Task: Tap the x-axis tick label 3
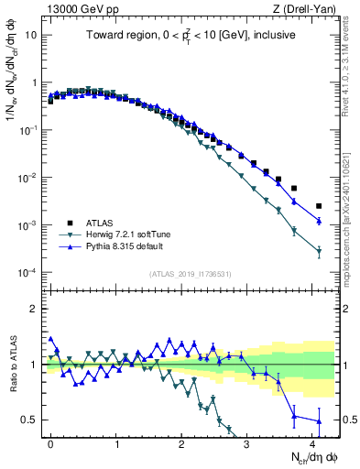pyautogui.click(x=247, y=443)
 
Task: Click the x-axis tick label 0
pyautogui.click(x=50, y=443)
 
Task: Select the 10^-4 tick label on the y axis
pyautogui.click(x=28, y=273)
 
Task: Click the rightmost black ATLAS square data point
pyautogui.click(x=319, y=206)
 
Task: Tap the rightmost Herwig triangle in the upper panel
pyautogui.click(x=319, y=251)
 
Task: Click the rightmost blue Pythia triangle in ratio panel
pyautogui.click(x=319, y=421)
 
